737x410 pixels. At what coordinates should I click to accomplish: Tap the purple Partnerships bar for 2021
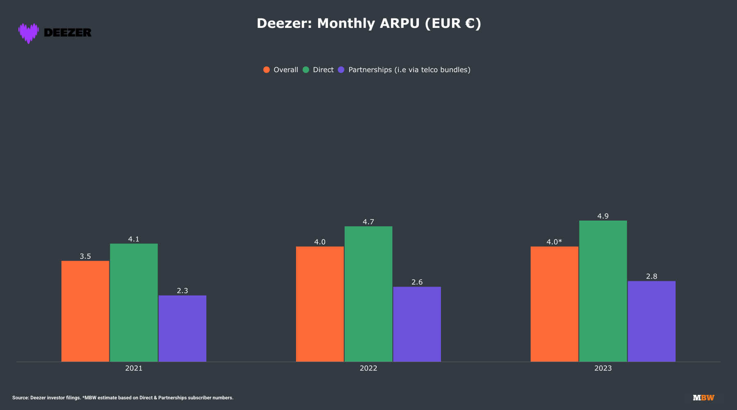[x=182, y=328]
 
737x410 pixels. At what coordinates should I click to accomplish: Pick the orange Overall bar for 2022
[x=320, y=304]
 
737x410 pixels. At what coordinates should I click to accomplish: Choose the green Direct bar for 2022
[x=368, y=294]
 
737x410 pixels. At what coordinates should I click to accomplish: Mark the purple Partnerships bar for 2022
[x=417, y=324]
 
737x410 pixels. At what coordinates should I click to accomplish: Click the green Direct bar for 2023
[x=603, y=291]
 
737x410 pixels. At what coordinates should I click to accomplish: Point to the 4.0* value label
[x=554, y=242]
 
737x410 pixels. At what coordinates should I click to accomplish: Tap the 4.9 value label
[x=603, y=216]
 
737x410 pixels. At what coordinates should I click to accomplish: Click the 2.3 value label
[x=182, y=291]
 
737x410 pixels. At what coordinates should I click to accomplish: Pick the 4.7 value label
[x=368, y=222]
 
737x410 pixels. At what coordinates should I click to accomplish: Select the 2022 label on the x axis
[x=368, y=368]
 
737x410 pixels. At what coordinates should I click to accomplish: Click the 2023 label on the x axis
[x=603, y=368]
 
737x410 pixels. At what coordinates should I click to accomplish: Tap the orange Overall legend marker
[x=267, y=70]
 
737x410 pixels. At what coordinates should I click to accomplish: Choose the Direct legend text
[x=323, y=70]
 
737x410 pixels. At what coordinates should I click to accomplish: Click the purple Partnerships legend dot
[x=341, y=70]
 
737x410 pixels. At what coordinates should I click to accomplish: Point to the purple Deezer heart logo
[x=29, y=33]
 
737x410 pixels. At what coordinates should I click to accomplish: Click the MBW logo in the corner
[x=703, y=398]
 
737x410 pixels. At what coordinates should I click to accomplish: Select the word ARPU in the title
[x=400, y=23]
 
